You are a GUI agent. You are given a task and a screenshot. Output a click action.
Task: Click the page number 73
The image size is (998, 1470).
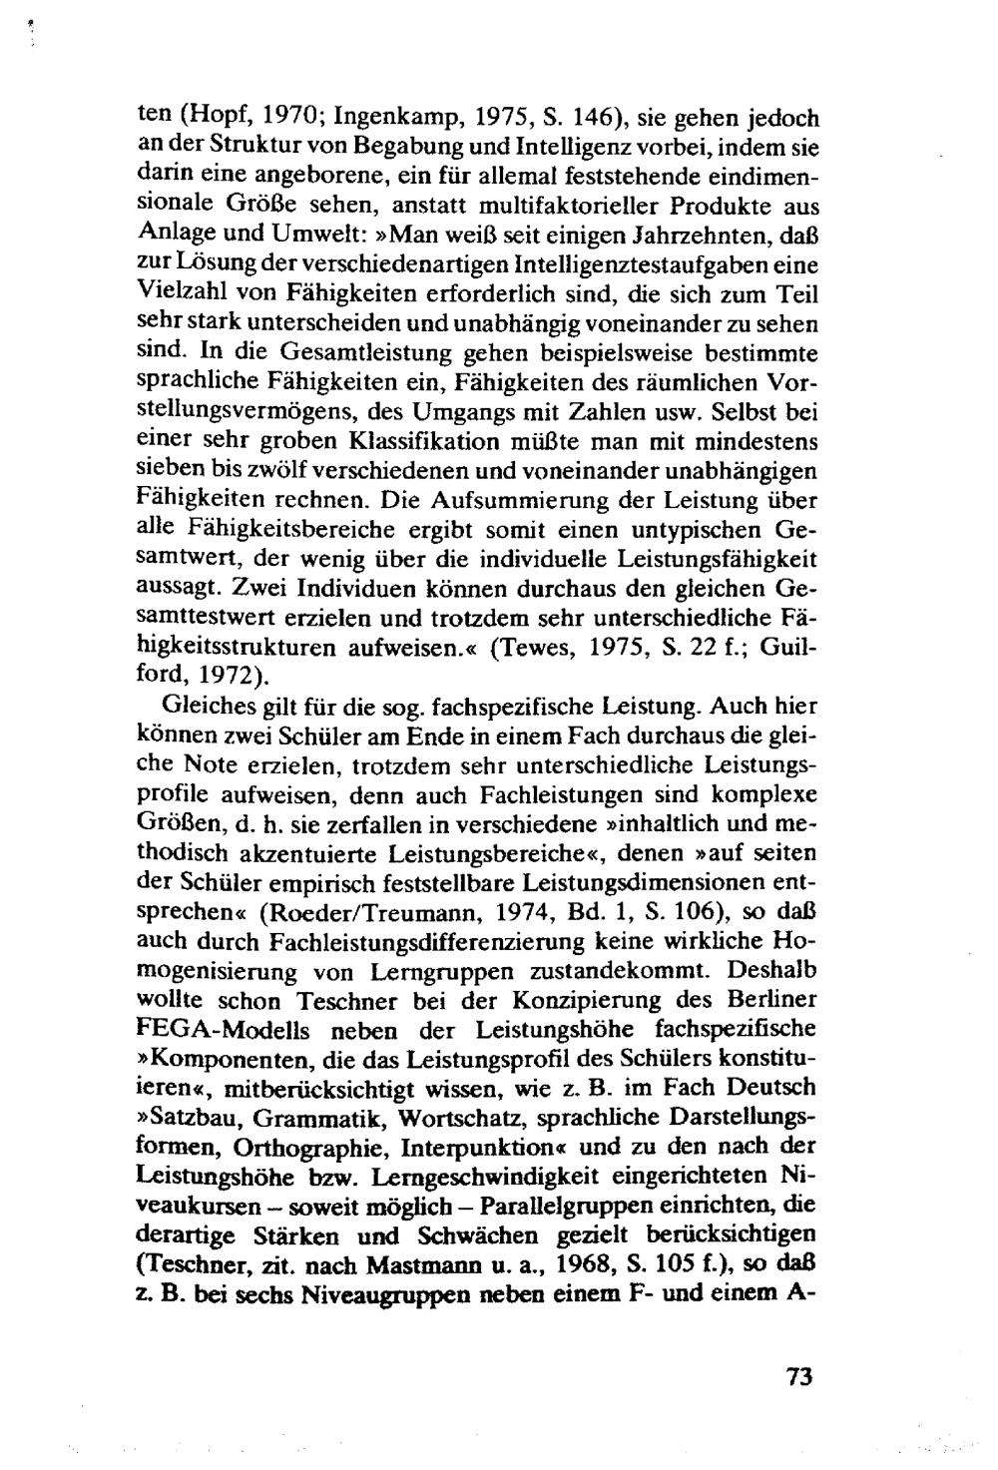(799, 1376)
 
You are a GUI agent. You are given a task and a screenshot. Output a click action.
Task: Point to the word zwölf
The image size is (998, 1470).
(282, 469)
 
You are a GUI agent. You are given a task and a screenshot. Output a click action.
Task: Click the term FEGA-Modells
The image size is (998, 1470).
(212, 1029)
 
